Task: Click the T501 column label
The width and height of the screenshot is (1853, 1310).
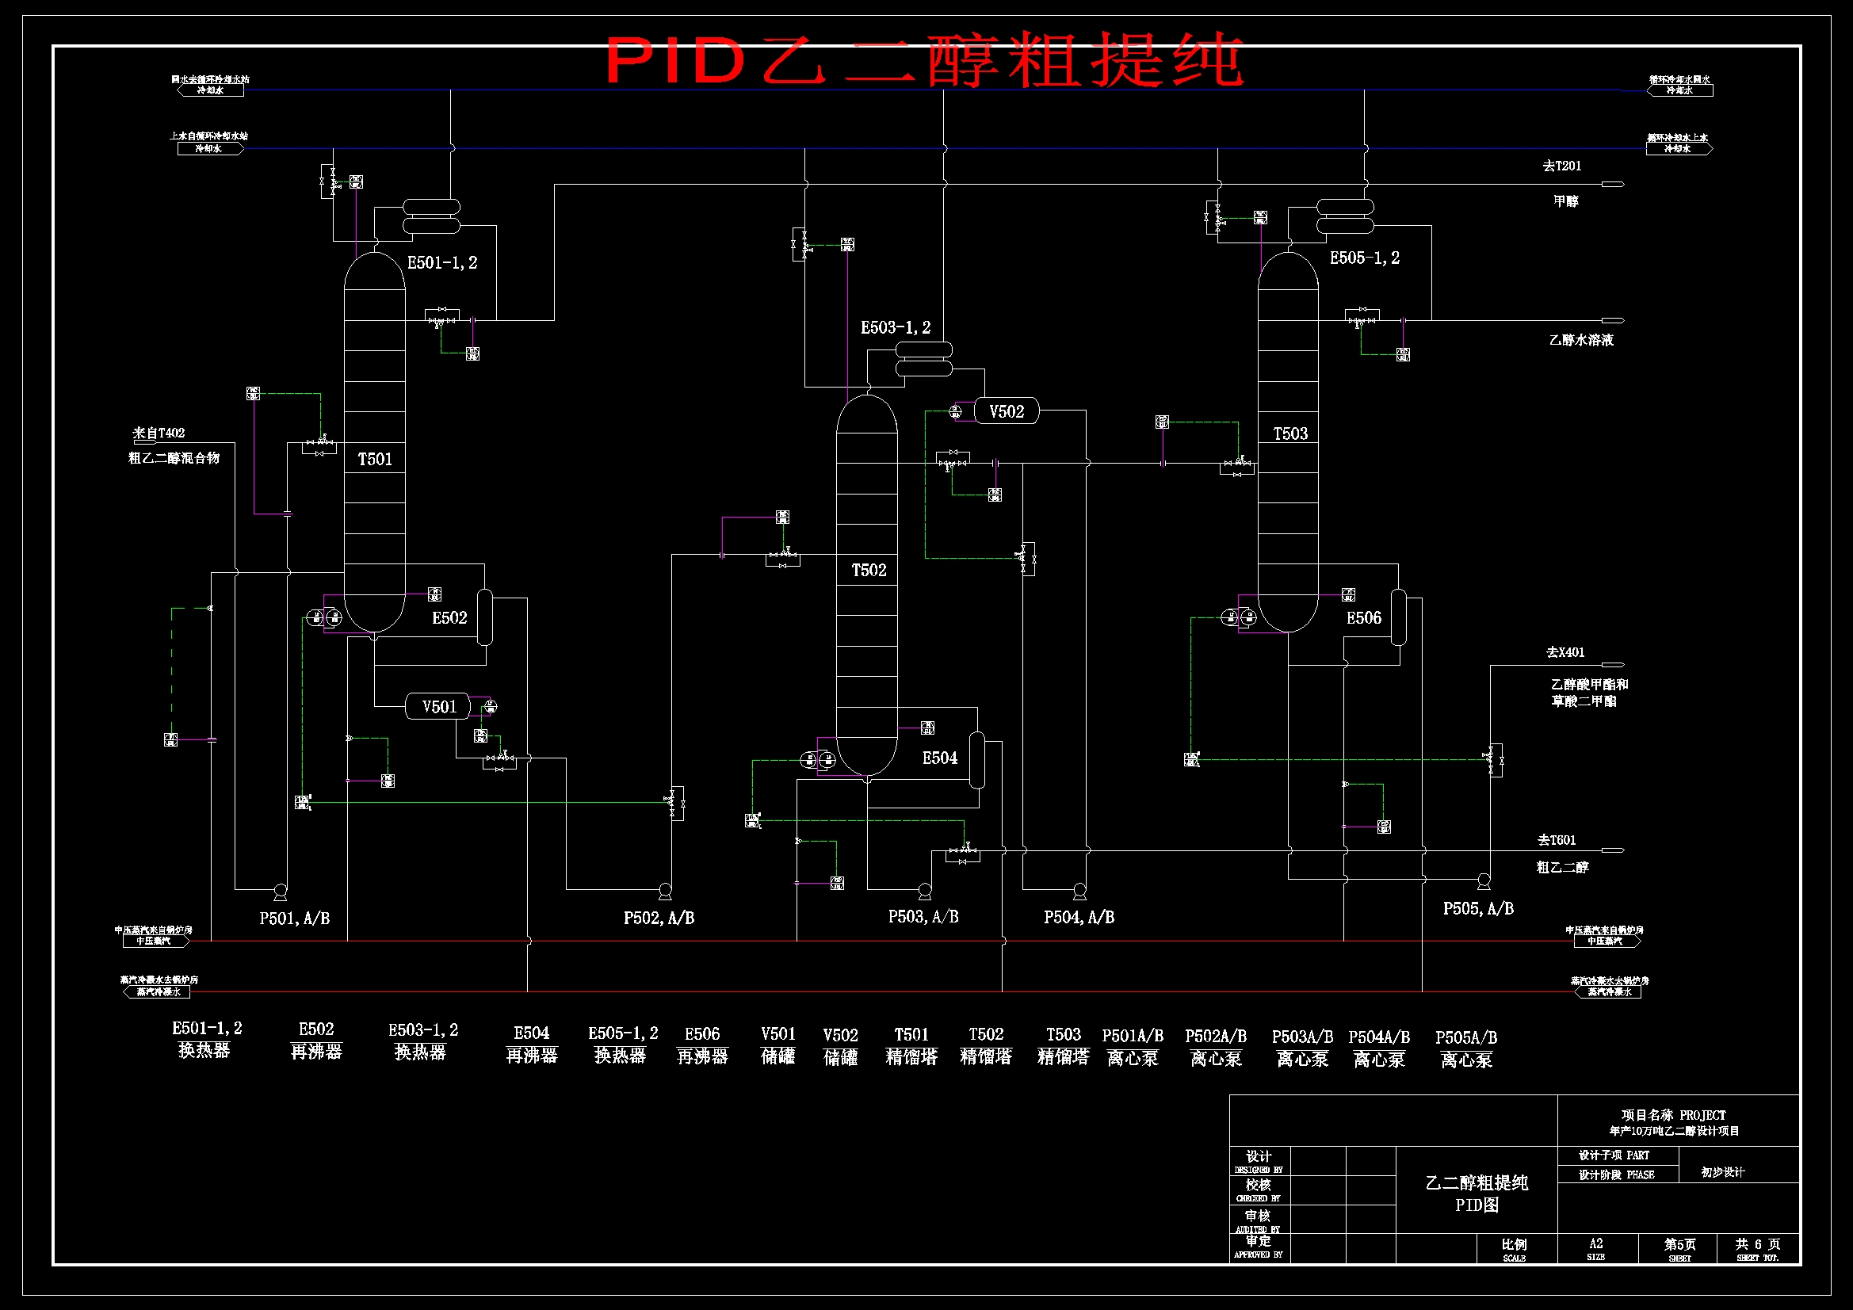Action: click(376, 460)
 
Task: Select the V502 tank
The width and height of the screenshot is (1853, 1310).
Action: click(1007, 411)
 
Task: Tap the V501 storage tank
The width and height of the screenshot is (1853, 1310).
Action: click(439, 707)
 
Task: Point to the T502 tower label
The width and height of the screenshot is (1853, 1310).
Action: click(869, 571)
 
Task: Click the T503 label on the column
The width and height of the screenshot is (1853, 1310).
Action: click(1290, 434)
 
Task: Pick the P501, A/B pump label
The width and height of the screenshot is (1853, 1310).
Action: click(295, 919)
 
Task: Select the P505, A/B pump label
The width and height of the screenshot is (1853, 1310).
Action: click(1479, 909)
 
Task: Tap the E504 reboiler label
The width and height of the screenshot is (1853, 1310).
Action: click(940, 758)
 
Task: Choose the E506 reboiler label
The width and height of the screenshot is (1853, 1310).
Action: click(1364, 618)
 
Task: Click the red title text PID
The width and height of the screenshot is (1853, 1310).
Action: click(674, 61)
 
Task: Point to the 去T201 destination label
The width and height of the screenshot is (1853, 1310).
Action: click(1561, 166)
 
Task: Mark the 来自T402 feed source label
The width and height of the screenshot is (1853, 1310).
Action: click(159, 433)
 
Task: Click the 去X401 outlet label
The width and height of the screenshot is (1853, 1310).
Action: click(1565, 652)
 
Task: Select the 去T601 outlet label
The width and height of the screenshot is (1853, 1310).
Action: click(1556, 840)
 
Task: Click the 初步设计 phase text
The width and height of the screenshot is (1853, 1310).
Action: click(1722, 1172)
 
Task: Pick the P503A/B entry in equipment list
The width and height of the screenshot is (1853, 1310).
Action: click(1302, 1037)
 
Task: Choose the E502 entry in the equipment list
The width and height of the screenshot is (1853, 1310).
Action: click(315, 1029)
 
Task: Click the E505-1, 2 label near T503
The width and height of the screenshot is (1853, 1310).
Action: click(1365, 258)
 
